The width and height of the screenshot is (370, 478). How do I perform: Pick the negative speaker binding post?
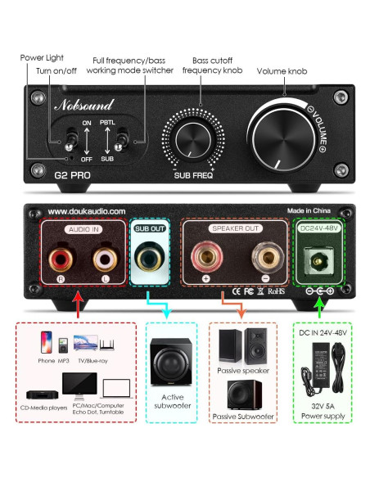pos(263,258)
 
